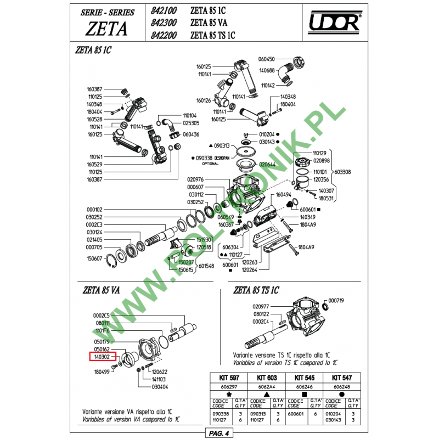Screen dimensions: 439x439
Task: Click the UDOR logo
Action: click(x=335, y=23)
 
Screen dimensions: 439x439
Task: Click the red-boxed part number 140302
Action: click(x=102, y=356)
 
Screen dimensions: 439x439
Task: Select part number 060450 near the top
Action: click(x=267, y=59)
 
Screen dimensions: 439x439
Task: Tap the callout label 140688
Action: click(x=267, y=70)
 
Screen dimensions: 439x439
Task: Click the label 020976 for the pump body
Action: click(x=195, y=179)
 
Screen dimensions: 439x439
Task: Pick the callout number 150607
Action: click(x=94, y=258)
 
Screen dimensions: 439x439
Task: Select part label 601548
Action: click(x=206, y=266)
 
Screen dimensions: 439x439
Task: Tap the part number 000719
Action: click(x=336, y=301)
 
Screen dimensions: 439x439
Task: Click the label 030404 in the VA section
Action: click(x=160, y=386)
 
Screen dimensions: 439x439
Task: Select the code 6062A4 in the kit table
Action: click(x=266, y=386)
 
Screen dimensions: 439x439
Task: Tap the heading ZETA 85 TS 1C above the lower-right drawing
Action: click(x=256, y=290)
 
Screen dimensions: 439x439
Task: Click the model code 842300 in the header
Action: click(x=164, y=23)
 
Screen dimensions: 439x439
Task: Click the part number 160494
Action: click(x=284, y=194)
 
